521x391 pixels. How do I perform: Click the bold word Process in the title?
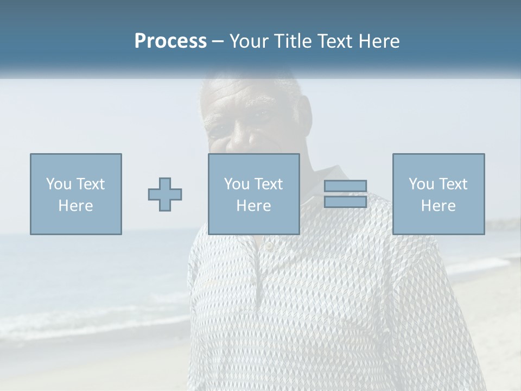point(170,41)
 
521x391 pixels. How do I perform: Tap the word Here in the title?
point(378,41)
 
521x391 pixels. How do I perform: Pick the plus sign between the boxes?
point(165,194)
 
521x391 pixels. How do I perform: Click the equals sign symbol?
point(345,194)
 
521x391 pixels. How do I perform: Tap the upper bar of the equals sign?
point(345,186)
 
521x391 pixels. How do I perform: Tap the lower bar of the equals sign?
point(345,201)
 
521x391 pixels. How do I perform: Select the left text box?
point(76,194)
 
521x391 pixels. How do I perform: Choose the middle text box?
point(253,194)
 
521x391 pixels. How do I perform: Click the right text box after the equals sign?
point(439,194)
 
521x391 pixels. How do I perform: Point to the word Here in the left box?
point(76,206)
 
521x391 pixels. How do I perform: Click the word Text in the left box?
point(90,184)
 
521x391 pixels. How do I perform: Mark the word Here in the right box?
point(439,206)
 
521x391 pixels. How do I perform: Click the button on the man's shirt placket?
point(268,246)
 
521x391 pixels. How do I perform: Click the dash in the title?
point(218,41)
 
